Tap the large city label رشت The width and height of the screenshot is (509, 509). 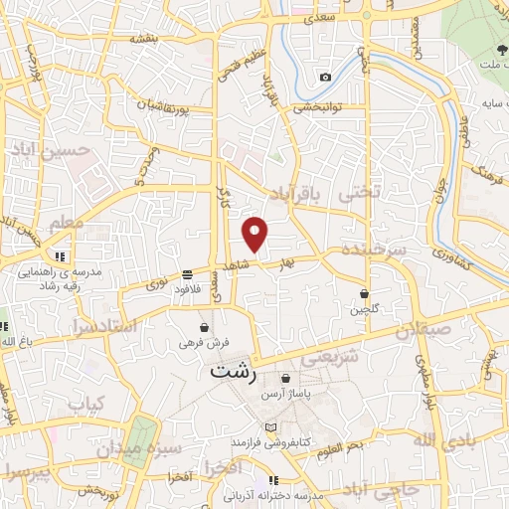235,372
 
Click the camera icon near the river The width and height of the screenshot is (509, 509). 325,78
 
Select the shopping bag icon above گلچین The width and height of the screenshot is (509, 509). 365,293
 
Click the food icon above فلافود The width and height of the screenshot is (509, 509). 187,274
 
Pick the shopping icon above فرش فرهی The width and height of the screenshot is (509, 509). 204,327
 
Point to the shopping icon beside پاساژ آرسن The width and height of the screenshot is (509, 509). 286,379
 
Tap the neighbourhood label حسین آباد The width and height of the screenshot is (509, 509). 62,150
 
